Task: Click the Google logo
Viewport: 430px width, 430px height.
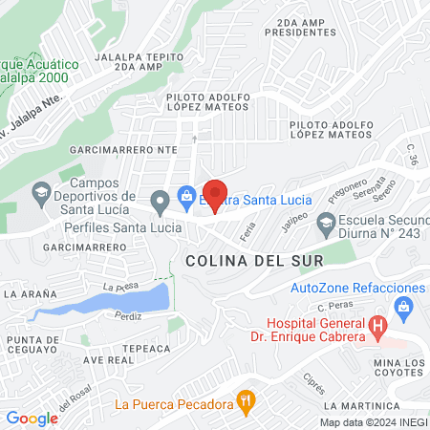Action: coord(32,419)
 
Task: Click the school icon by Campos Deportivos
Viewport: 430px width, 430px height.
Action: coord(41,197)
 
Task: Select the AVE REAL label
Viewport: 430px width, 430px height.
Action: coord(108,360)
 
